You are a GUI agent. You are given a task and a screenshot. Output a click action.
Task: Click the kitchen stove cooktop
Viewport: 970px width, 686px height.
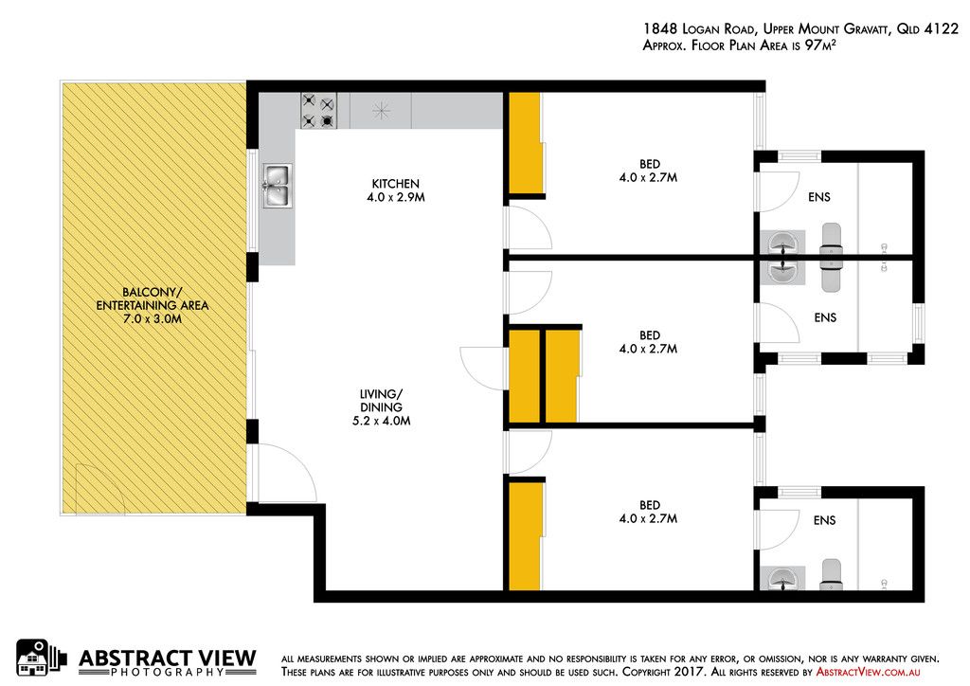click(318, 111)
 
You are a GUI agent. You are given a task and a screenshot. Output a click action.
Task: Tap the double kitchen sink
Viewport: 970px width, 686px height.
click(278, 186)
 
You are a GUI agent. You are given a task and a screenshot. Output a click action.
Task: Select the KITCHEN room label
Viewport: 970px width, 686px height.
click(395, 184)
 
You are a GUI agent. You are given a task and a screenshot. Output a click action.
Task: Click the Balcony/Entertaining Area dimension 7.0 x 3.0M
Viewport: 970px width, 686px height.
click(153, 319)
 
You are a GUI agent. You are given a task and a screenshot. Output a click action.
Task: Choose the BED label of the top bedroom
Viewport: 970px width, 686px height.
click(650, 164)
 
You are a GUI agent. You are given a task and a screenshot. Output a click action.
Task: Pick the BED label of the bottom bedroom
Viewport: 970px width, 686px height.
click(650, 505)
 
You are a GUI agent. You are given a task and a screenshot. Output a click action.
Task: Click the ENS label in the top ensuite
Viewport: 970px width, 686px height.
click(819, 197)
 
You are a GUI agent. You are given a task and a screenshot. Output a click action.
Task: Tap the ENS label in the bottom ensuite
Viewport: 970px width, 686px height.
click(825, 520)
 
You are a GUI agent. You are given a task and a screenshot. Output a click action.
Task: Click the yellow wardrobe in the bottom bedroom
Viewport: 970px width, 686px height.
click(525, 536)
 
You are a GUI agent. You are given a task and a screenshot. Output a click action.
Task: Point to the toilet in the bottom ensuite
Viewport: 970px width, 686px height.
click(832, 574)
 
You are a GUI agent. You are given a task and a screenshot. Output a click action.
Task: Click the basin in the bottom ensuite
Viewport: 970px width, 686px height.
click(782, 578)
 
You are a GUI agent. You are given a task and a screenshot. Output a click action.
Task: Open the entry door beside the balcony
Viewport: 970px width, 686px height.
click(288, 473)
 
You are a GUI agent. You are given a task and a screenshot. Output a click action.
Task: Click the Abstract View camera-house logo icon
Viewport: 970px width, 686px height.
click(40, 658)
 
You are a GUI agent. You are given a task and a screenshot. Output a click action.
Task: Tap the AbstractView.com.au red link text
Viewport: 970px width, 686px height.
click(868, 672)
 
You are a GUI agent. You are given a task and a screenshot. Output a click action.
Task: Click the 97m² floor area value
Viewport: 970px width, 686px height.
click(820, 45)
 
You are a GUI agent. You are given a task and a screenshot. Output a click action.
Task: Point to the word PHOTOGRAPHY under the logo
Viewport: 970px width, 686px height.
click(168, 673)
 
